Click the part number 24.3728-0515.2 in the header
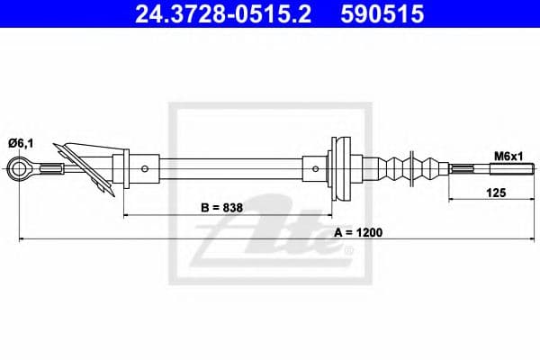tap(223, 13)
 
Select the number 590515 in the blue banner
tap(382, 13)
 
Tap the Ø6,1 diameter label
tap(21, 143)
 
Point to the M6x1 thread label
tap(508, 157)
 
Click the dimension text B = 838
tap(221, 208)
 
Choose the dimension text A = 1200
tap(358, 232)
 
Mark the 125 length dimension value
tap(496, 193)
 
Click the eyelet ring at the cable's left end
tap(17, 169)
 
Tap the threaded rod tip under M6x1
tap(512, 169)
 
